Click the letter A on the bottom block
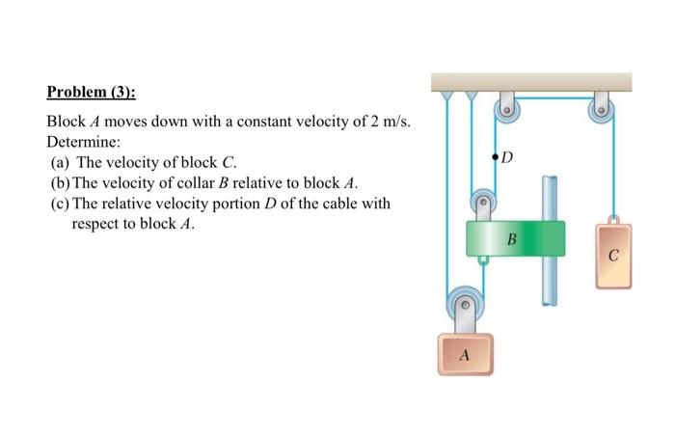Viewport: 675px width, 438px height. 464,355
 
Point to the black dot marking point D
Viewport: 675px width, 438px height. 496,154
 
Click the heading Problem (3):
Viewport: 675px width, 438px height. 91,94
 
